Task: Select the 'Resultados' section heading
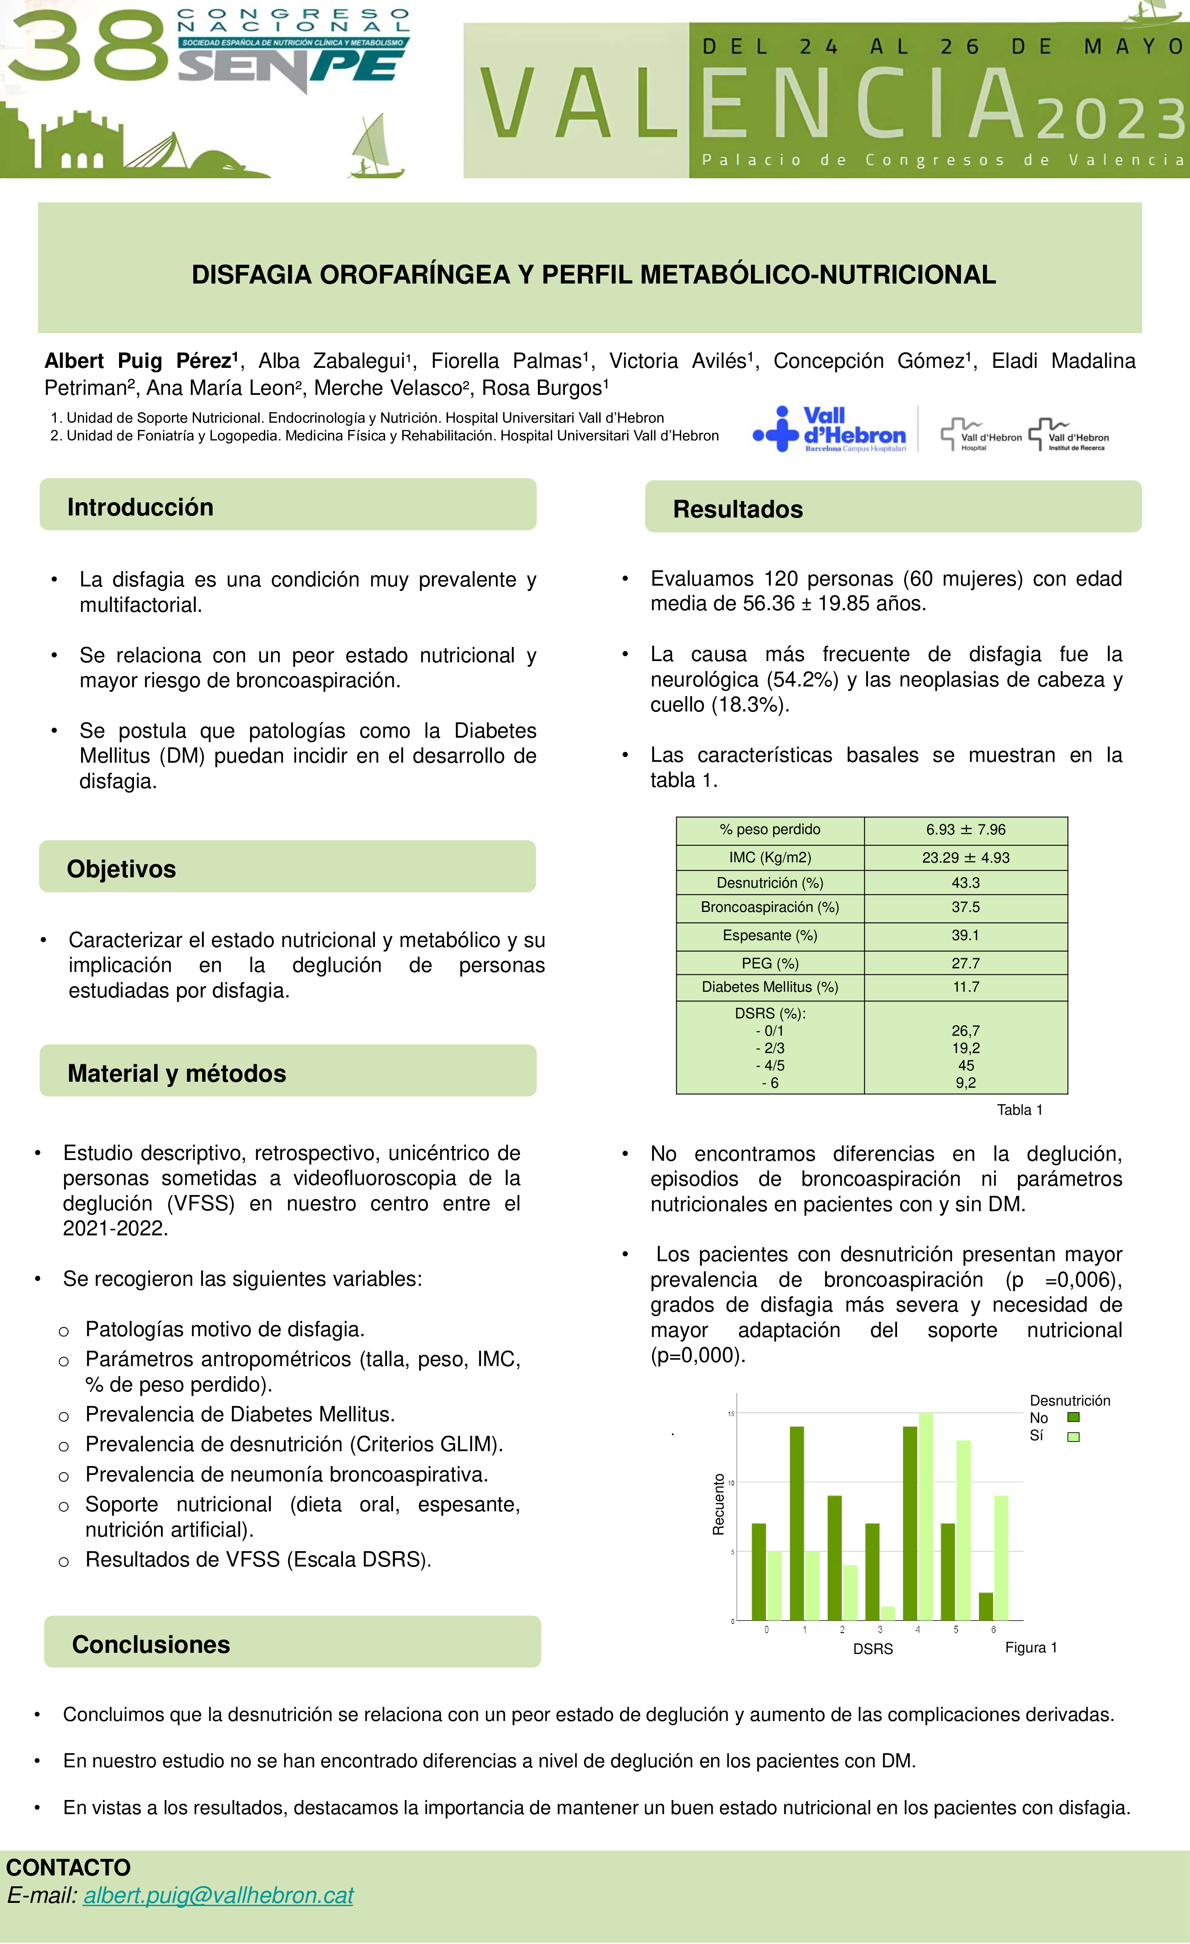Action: point(738,509)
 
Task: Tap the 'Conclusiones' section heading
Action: point(151,1644)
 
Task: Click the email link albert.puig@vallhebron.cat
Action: point(219,1895)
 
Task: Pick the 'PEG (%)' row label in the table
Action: point(770,963)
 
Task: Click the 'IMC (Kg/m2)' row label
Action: point(770,857)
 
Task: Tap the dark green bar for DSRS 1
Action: point(797,1523)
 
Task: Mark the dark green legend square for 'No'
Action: point(1073,1418)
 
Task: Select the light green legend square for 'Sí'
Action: point(1073,1437)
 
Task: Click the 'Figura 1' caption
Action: point(1031,1647)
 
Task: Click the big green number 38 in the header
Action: point(87,49)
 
